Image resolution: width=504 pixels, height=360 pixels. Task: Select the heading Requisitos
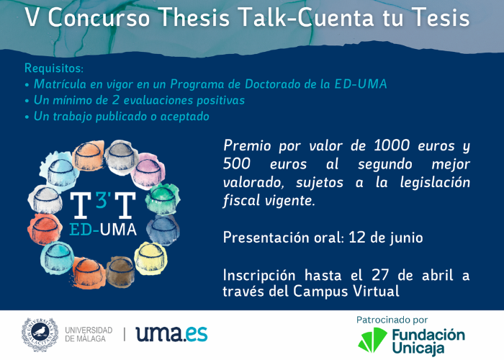(54, 68)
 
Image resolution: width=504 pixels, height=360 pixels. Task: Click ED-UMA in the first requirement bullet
(360, 84)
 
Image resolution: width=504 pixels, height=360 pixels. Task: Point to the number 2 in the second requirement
(115, 100)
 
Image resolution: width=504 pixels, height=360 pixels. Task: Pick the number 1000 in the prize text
(392, 145)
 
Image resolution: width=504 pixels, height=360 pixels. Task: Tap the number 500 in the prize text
(237, 163)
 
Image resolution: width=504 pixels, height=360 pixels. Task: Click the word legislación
(435, 183)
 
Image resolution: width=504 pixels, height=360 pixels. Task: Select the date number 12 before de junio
(357, 238)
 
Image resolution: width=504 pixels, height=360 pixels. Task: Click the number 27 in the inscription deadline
(380, 275)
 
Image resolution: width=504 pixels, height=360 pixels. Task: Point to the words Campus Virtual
(346, 291)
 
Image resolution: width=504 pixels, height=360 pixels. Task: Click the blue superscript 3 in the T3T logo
(102, 199)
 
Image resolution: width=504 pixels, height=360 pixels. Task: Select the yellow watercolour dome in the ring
(150, 258)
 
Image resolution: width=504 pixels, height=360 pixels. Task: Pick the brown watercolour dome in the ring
(120, 271)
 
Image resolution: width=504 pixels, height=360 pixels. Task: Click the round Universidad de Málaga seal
(40, 335)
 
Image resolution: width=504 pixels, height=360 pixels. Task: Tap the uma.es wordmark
(171, 334)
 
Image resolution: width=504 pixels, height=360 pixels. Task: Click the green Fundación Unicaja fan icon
(372, 340)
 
